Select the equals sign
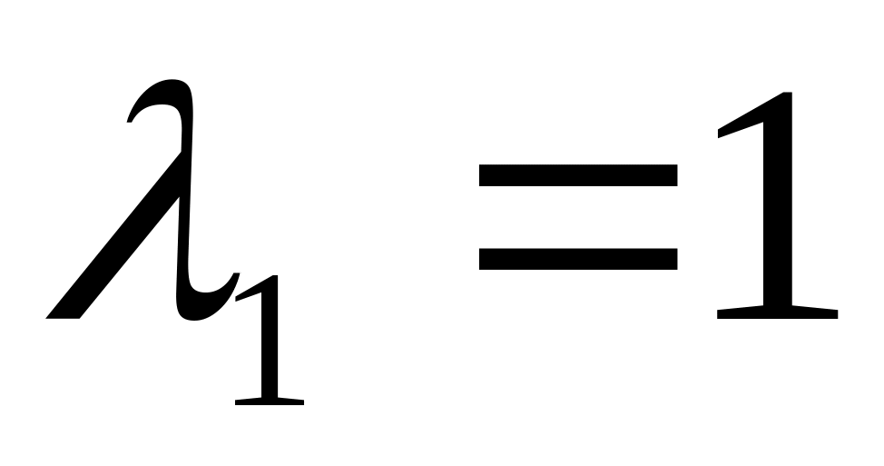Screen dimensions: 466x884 (577, 216)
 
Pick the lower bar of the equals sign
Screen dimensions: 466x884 (577, 259)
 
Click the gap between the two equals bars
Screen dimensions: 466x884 (577, 216)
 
